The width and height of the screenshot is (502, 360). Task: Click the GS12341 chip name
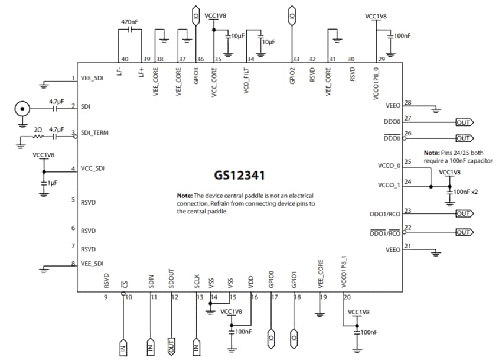point(240,176)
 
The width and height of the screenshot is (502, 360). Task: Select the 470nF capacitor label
point(129,22)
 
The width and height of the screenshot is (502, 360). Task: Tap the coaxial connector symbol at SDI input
point(22,109)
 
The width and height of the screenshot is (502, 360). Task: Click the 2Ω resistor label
point(38,129)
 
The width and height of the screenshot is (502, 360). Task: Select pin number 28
point(408,102)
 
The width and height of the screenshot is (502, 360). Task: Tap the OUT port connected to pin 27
point(464,122)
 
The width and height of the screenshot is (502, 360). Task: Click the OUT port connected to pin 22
point(464,232)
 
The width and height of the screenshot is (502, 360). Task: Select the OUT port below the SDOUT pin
point(171,345)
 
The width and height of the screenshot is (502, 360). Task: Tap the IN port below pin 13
point(196,346)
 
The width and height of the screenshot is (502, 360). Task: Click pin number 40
point(125,59)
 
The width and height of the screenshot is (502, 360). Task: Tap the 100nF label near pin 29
point(402,36)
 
